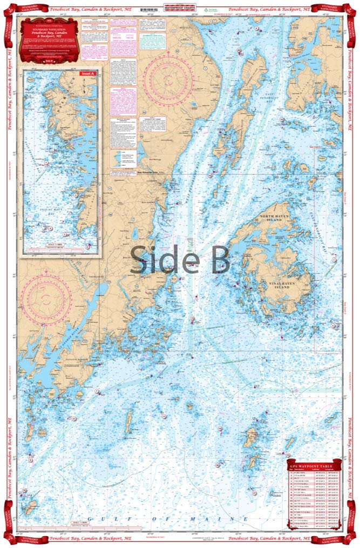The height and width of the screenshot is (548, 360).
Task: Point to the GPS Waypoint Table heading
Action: (x=313, y=465)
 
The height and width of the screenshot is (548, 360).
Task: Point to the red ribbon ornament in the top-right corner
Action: (x=351, y=11)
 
